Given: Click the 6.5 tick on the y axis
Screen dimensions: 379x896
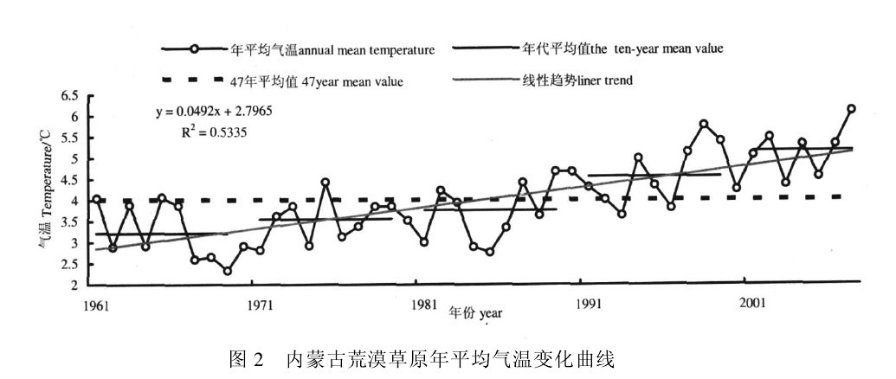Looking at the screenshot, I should coord(71,95).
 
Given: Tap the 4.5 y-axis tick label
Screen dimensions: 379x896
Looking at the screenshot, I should coord(71,180).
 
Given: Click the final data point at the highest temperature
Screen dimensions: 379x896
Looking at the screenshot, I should coord(851,109).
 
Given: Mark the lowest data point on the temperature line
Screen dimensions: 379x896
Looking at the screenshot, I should coord(227,272).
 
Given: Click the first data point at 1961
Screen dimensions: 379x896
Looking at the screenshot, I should coord(97,200).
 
